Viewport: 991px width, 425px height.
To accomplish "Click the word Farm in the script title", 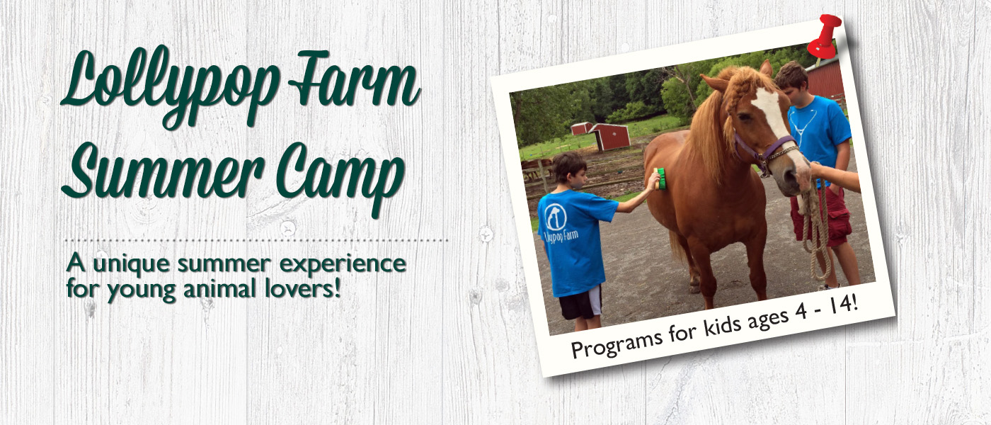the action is [354, 79].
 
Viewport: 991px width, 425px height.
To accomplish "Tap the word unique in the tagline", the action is [132, 265].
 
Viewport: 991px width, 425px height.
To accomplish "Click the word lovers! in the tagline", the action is [303, 289].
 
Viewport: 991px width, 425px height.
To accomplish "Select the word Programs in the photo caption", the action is [617, 344].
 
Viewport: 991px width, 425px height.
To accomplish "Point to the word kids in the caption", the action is [723, 327].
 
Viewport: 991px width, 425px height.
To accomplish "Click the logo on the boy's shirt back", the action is [556, 217].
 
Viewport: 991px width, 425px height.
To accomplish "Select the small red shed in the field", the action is [610, 137].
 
